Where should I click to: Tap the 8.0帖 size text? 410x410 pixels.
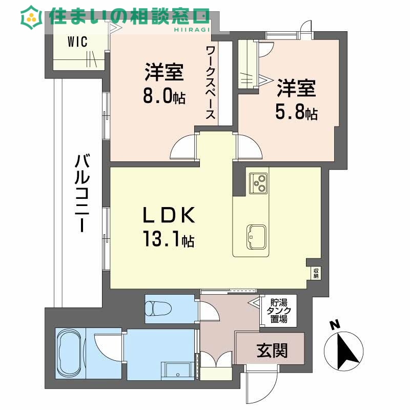click(164, 96)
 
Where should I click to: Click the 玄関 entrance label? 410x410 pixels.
click(272, 351)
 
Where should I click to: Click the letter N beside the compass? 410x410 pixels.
click(335, 325)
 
